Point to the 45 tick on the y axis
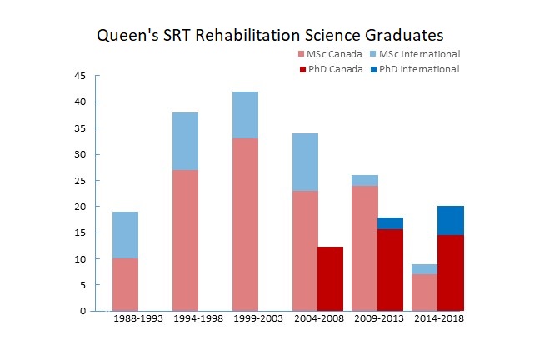click(x=80, y=76)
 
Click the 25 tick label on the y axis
click(x=80, y=180)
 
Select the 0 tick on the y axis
click(x=82, y=311)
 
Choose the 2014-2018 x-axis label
click(x=438, y=319)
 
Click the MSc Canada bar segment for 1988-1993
click(x=125, y=284)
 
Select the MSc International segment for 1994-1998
click(x=185, y=141)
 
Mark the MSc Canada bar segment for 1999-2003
click(x=245, y=224)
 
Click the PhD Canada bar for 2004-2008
click(x=331, y=278)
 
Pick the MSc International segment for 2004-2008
click(x=305, y=162)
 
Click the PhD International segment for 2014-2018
click(x=451, y=220)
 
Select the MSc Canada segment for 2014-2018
click(x=425, y=292)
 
